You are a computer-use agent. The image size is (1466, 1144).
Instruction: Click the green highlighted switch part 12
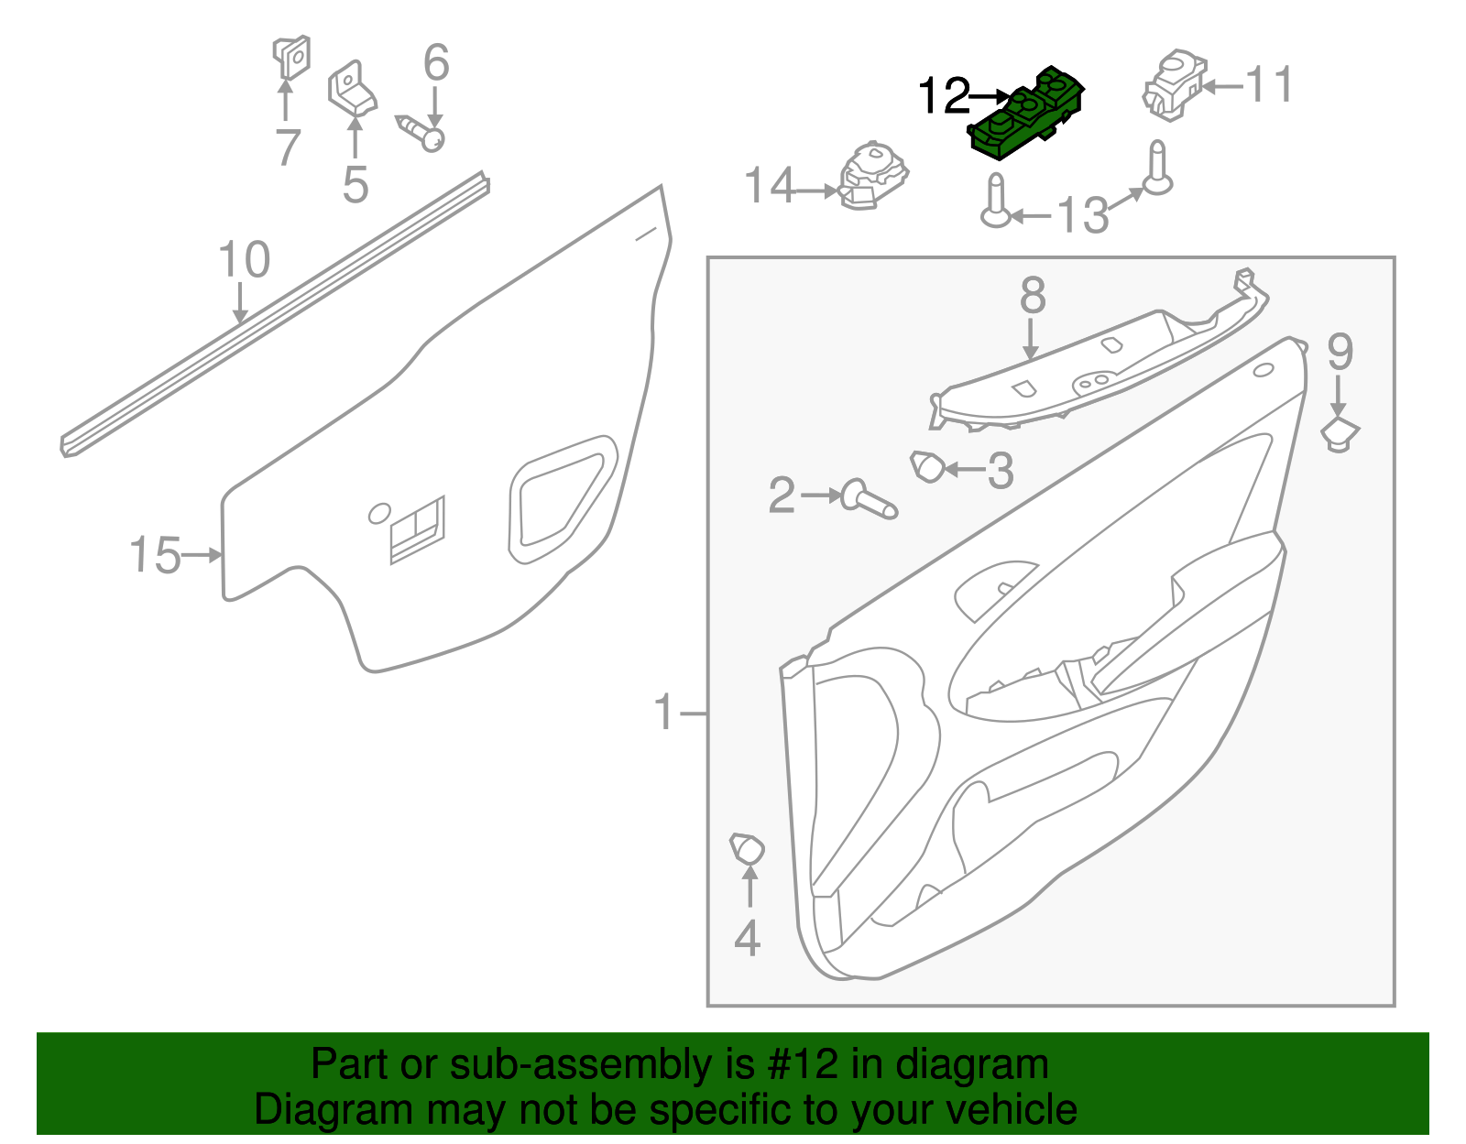[1026, 114]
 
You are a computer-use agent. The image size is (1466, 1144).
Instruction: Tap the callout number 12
[944, 95]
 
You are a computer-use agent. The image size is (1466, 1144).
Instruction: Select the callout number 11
[1270, 85]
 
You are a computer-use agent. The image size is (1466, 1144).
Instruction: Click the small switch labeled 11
[1173, 85]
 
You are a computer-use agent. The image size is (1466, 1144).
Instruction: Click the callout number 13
[1082, 216]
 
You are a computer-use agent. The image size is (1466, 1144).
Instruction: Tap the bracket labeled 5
[351, 90]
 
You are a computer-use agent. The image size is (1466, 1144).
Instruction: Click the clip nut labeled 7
[290, 57]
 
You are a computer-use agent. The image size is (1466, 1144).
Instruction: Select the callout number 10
[244, 260]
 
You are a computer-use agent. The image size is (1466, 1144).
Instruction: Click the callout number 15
[155, 555]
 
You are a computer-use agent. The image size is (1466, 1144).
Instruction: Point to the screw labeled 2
[870, 499]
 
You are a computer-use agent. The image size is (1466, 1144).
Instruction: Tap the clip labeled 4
[747, 849]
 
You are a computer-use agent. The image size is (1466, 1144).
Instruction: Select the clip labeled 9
[1340, 433]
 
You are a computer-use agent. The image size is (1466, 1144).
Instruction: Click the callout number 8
[1033, 296]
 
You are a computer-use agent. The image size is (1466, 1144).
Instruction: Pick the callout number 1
[664, 713]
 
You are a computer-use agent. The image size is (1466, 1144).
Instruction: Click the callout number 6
[436, 62]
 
